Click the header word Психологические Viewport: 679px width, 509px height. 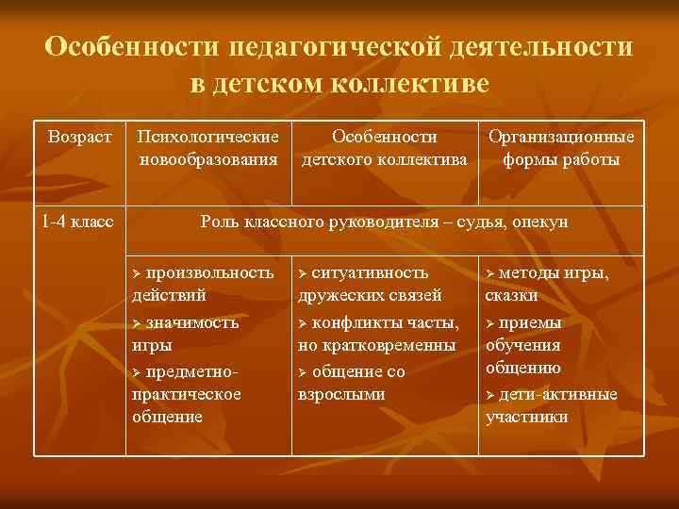tap(208, 136)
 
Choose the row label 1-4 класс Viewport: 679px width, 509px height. tap(77, 222)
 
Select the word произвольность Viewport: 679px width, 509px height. tap(210, 272)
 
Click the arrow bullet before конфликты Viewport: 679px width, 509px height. tap(302, 322)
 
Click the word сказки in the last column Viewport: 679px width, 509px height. tap(512, 295)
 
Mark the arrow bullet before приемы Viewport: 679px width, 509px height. tap(489, 322)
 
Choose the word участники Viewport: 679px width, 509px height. tap(526, 416)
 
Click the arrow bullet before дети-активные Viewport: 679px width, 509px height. tap(489, 394)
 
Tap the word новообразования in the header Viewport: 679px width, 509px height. tap(208, 159)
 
